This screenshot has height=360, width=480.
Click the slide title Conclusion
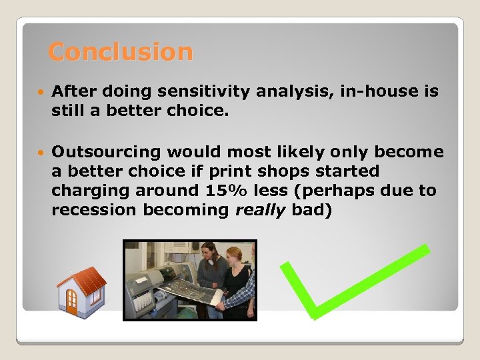pyautogui.click(x=121, y=51)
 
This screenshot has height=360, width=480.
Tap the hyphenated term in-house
pyautogui.click(x=378, y=91)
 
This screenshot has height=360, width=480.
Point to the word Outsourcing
pyautogui.click(x=107, y=152)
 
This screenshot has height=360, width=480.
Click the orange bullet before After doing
pyautogui.click(x=41, y=92)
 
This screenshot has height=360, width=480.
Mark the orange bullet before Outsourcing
pyautogui.click(x=41, y=153)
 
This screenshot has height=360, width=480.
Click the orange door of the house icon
pyautogui.click(x=72, y=302)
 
